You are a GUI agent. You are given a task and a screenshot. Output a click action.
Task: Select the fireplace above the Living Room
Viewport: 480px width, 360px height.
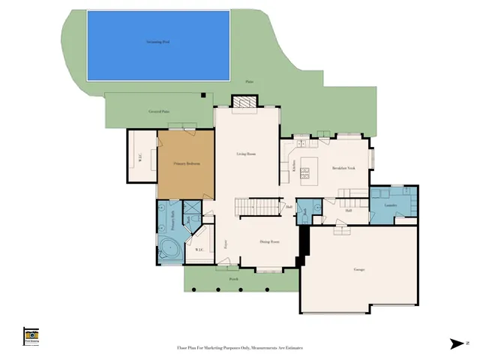[x=244, y=102]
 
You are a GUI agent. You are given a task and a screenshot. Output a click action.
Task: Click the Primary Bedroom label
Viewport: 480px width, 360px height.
[x=185, y=162]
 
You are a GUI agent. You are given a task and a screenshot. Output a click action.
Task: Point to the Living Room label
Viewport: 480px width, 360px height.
[x=247, y=154]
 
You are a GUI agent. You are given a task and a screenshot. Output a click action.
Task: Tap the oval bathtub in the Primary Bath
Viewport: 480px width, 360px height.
[x=168, y=249]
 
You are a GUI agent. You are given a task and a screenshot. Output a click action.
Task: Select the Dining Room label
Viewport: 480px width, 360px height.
[x=269, y=241]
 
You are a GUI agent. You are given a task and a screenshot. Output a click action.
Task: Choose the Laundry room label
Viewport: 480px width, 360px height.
[x=390, y=205]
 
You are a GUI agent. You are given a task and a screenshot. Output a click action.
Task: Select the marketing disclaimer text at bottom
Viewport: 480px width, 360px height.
[x=239, y=348]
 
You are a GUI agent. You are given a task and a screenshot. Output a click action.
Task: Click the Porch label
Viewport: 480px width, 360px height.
[x=233, y=278]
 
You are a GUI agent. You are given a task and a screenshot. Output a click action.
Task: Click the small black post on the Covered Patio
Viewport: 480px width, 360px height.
[x=202, y=94]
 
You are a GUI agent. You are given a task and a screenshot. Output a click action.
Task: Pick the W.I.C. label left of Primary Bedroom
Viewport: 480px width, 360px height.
[x=139, y=157]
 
